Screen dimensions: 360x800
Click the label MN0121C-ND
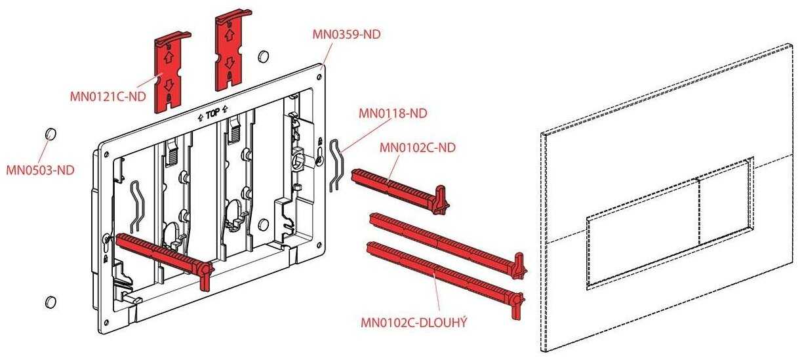pos(108,96)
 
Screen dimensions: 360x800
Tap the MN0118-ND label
pos(392,113)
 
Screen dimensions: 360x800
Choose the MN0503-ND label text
pos(40,170)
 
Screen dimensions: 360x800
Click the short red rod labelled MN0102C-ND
pos(400,186)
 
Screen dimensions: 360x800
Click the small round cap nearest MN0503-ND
pos(49,134)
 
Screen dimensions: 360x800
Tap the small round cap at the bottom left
pos(49,302)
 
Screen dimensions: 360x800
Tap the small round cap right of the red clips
pos(263,56)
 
